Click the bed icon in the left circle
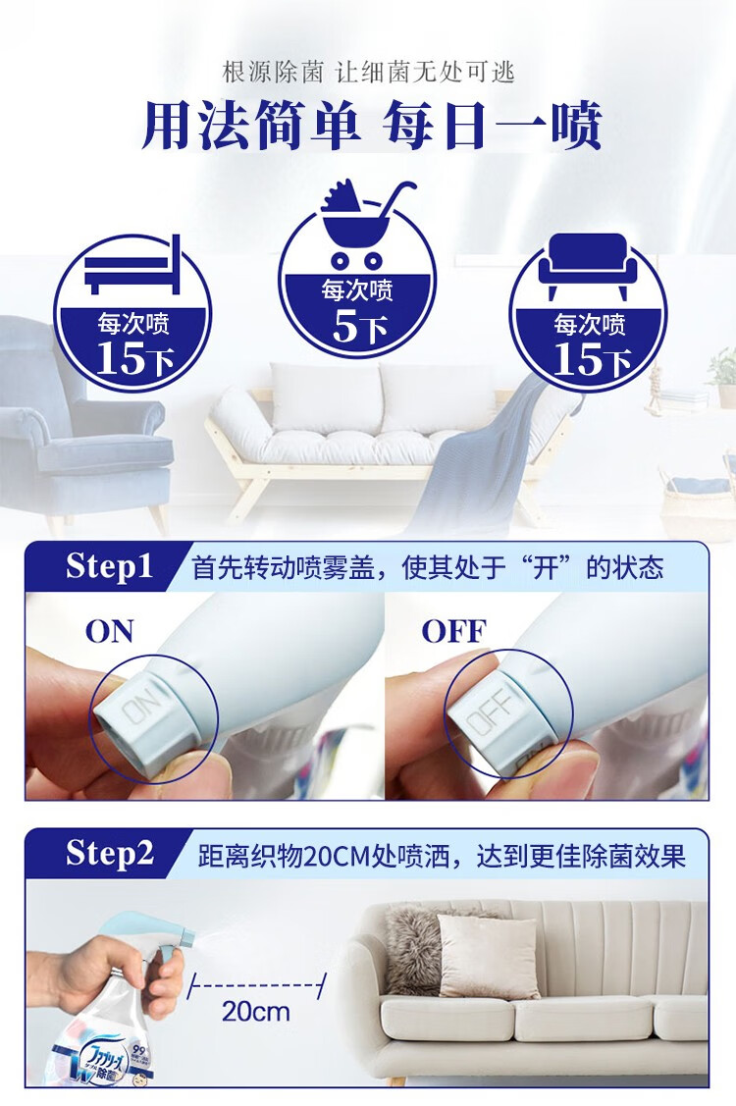point(131,265)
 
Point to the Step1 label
point(109,565)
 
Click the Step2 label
point(109,853)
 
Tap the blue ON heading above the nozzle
point(109,631)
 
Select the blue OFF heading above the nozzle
point(453,631)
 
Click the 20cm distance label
point(255,1012)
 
